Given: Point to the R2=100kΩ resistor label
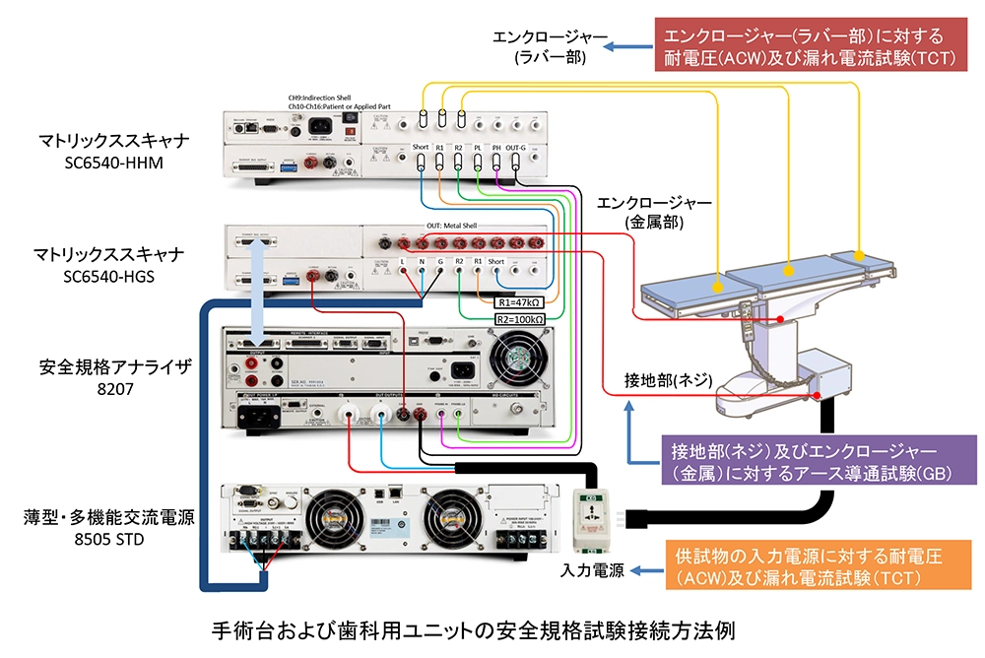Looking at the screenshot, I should [517, 319].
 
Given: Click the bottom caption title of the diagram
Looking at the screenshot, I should [473, 629].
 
